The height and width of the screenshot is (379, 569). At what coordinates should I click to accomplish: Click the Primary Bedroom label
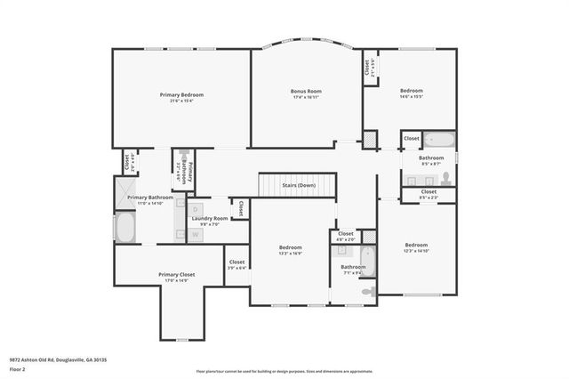click(x=182, y=94)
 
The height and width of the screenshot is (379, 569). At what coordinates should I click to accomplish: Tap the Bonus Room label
click(x=306, y=91)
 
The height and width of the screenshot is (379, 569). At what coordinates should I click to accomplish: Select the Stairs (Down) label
click(x=299, y=185)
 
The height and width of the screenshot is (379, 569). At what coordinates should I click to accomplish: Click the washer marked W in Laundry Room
click(x=196, y=234)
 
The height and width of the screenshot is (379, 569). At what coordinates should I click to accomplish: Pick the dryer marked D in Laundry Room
click(x=196, y=206)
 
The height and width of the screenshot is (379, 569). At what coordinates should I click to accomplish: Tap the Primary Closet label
click(x=176, y=275)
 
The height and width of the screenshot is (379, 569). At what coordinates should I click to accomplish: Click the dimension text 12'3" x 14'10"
click(x=417, y=251)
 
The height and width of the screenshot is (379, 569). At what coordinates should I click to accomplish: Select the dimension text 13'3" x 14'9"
click(x=291, y=254)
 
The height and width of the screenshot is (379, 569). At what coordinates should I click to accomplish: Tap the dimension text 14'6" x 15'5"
click(x=411, y=96)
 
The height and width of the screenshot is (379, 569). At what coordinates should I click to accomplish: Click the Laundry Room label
click(x=210, y=218)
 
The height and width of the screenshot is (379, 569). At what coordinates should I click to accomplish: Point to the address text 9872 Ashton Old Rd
click(x=59, y=359)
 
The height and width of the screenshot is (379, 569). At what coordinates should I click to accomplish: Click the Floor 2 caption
click(x=18, y=368)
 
